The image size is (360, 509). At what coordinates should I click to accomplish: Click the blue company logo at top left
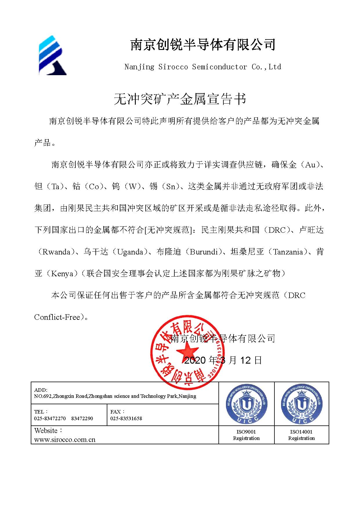[x=53, y=55]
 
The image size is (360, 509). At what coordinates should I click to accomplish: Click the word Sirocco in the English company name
[x=173, y=67]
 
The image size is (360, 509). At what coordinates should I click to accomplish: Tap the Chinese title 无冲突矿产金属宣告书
[x=180, y=99]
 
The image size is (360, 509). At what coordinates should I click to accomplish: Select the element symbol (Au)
[x=310, y=165]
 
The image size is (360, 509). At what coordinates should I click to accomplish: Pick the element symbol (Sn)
[x=171, y=187]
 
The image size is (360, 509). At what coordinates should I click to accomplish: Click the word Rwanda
[x=56, y=252]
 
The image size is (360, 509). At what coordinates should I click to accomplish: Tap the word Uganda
[x=130, y=252]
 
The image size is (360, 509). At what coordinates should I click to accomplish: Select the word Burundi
[x=204, y=252]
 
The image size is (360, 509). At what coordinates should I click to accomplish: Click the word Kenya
[x=62, y=274]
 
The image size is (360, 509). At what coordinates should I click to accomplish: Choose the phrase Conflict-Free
[x=57, y=317]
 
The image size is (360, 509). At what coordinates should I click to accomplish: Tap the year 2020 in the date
[x=195, y=360]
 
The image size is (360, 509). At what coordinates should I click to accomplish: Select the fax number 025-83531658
[x=126, y=418]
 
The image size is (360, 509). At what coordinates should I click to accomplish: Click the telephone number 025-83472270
[x=50, y=418]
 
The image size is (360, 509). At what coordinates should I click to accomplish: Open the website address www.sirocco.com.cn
[x=65, y=440]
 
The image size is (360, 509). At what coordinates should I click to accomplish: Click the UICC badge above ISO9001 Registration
[x=246, y=404]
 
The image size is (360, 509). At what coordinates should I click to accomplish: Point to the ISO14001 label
[x=301, y=432]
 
